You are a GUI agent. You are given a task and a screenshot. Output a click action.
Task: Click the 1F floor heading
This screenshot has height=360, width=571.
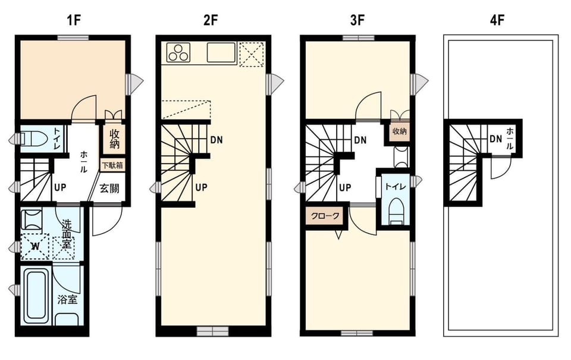(73, 21)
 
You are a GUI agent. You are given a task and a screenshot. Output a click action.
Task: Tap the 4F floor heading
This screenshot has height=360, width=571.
(497, 21)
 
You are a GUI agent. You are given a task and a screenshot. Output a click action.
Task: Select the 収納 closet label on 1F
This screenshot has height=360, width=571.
(114, 139)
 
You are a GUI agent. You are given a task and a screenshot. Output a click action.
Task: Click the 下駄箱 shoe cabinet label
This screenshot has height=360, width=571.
(112, 165)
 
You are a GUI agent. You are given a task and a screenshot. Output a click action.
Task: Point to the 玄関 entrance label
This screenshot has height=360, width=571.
(109, 189)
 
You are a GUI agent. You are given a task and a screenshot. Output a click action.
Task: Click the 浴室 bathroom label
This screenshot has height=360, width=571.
(67, 300)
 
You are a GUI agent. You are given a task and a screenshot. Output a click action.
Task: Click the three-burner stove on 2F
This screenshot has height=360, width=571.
(178, 53)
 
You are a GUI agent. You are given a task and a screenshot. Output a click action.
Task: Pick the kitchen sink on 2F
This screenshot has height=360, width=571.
(221, 53)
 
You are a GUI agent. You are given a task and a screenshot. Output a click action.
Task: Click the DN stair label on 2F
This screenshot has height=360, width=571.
(217, 140)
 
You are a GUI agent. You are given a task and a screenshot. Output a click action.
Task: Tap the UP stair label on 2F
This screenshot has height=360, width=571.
(201, 187)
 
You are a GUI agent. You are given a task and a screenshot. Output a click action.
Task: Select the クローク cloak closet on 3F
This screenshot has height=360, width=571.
(325, 216)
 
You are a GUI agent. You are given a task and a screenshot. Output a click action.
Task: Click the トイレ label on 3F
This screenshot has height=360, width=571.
(395, 187)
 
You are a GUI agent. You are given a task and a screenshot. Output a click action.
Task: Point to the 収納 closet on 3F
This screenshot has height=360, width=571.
(400, 131)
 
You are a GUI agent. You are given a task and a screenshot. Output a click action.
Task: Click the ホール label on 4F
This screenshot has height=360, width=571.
(510, 139)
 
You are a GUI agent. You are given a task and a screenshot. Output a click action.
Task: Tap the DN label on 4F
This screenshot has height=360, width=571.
(495, 139)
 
